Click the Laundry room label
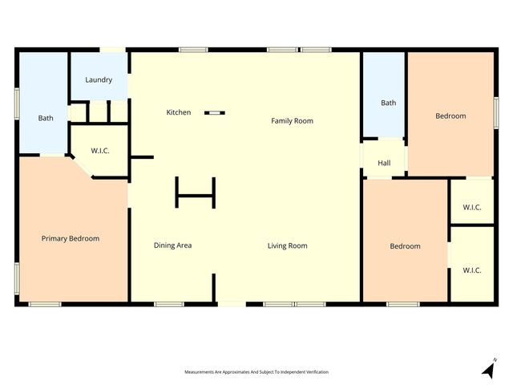point(99,80)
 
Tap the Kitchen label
point(179,112)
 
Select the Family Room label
point(292,121)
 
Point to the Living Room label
point(287,245)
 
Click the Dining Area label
point(172,245)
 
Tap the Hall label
point(384,164)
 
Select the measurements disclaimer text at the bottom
point(256,372)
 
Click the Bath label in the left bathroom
point(46,119)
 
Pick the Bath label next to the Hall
point(388,103)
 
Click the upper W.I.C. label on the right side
point(472,208)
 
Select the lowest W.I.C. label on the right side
point(472,270)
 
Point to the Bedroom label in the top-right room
point(450,116)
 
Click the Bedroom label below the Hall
point(405,246)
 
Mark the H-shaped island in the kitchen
point(196,193)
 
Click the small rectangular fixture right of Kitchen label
point(215,113)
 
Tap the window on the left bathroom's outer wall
point(16,104)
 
